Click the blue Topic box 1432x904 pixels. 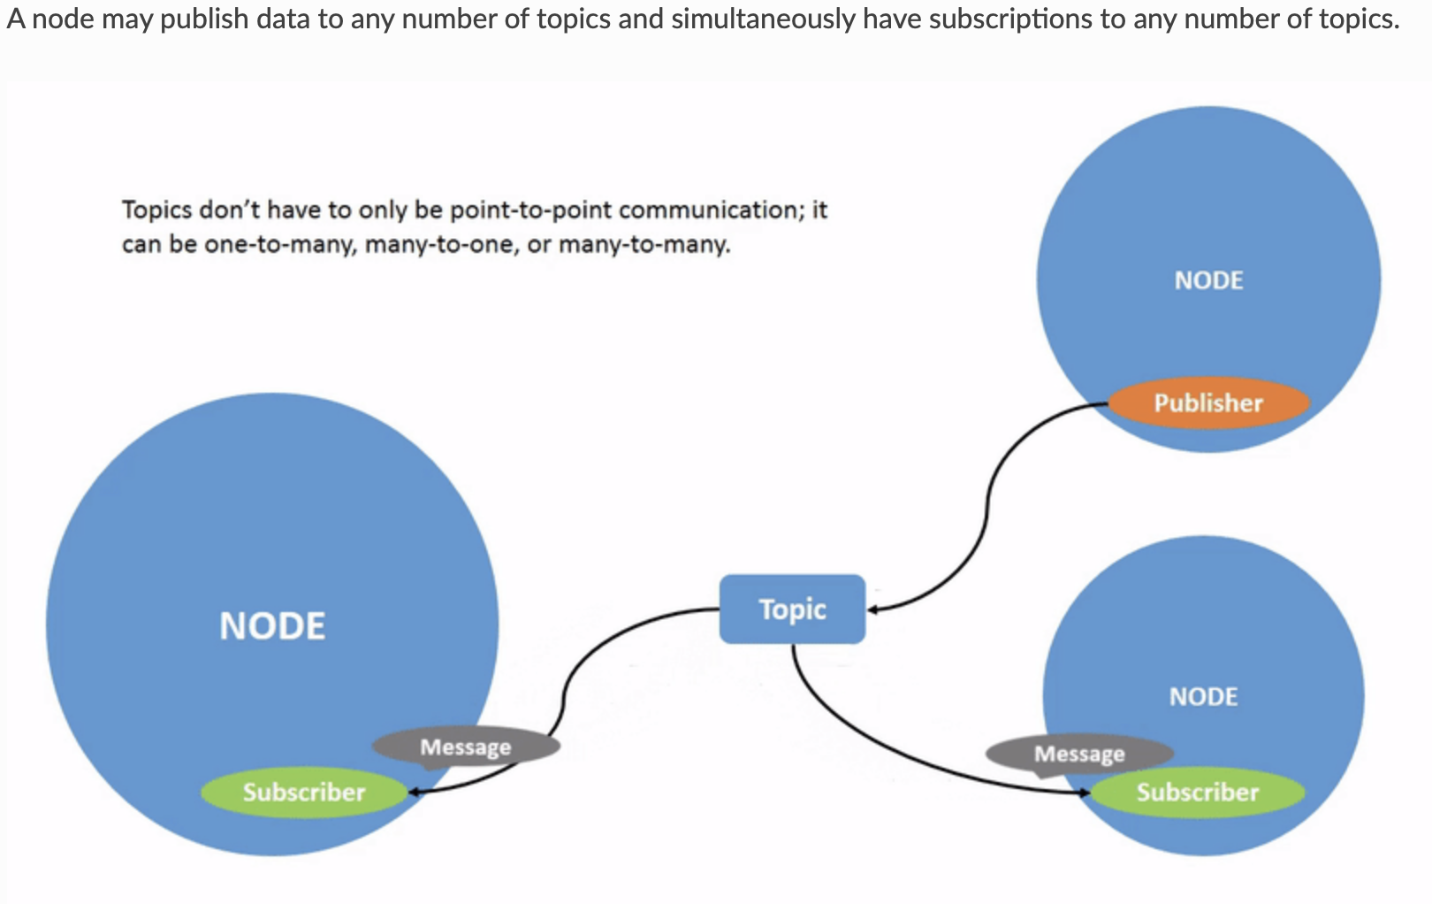(792, 609)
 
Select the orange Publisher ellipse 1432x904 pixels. (1208, 402)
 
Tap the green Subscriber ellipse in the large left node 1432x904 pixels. (303, 792)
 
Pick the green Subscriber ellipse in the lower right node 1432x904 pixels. (1198, 792)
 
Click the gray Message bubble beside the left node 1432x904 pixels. (465, 747)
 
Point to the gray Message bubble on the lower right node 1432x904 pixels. (1079, 754)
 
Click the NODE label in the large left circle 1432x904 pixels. (272, 626)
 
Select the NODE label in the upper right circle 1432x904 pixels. (1208, 280)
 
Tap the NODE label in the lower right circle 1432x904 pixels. (1203, 697)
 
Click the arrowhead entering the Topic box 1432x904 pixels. (873, 609)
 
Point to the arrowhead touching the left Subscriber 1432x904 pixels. (414, 792)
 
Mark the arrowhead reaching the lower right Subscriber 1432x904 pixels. (1085, 793)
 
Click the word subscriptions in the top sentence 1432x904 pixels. (1010, 19)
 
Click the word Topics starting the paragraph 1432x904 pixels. (156, 211)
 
